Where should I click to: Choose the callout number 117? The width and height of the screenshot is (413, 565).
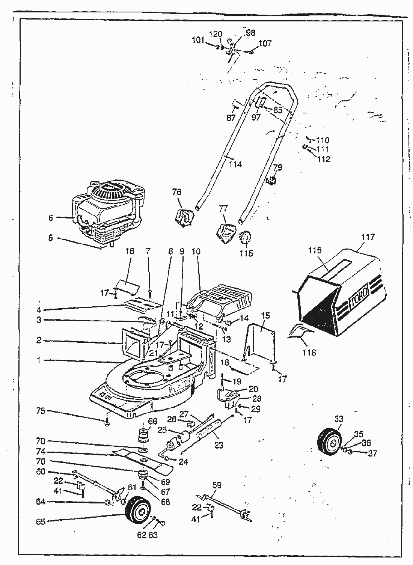[x=368, y=237]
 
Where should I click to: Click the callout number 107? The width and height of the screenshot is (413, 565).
[x=265, y=44]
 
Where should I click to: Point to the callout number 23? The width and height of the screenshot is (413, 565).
[x=219, y=445]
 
